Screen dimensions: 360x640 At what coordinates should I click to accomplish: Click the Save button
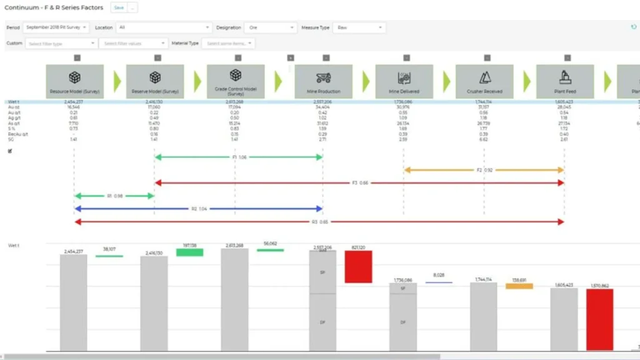119,8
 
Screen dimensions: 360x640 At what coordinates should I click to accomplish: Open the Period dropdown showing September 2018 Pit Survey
56,27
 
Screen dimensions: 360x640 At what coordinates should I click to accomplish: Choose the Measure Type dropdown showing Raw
359,27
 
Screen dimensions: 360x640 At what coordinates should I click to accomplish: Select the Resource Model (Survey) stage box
74,81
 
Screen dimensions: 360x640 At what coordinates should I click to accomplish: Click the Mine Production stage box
323,81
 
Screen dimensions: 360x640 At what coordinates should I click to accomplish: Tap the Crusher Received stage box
484,81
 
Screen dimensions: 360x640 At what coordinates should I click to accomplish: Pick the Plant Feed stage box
565,81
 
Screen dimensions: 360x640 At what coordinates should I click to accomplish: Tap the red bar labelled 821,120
358,266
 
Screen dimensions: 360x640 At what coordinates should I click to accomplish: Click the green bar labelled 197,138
189,252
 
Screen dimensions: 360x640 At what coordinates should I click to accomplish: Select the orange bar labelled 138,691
519,286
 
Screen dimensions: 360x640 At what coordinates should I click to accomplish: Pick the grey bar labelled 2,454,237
74,302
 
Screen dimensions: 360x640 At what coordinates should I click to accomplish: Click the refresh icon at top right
634,27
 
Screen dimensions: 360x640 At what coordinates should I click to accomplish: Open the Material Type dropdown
229,43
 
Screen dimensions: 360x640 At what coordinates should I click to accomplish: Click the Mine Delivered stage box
404,81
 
